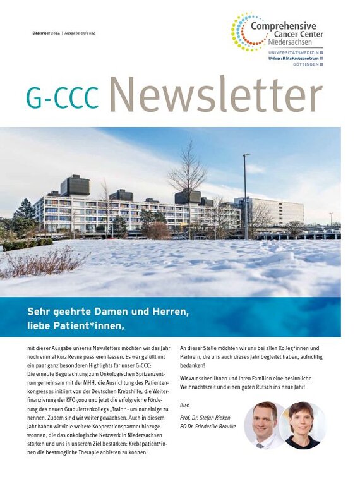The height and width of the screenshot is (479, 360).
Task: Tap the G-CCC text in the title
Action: click(x=63, y=97)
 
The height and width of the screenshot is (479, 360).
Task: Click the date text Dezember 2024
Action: click(x=45, y=33)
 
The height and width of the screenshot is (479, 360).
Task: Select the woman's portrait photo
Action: click(x=301, y=425)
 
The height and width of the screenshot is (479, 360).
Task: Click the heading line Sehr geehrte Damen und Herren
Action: click(x=109, y=312)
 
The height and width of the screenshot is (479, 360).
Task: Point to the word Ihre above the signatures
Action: click(x=184, y=404)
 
